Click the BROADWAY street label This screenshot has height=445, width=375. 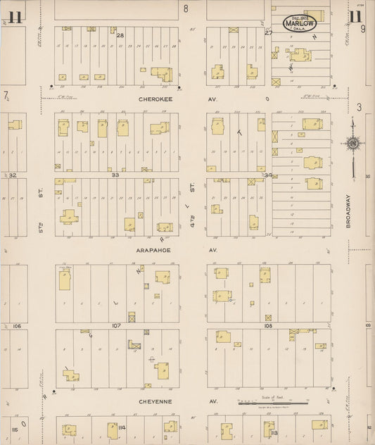348,210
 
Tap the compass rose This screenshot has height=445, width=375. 352,144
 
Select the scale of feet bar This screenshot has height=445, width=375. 272,403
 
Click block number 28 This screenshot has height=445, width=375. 120,35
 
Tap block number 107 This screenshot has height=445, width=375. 116,325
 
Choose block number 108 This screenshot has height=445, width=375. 268,326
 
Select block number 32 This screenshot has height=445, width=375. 12,175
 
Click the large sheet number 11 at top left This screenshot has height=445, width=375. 15,16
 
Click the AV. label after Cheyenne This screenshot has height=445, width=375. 213,401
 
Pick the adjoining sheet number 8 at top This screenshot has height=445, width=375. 186,8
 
